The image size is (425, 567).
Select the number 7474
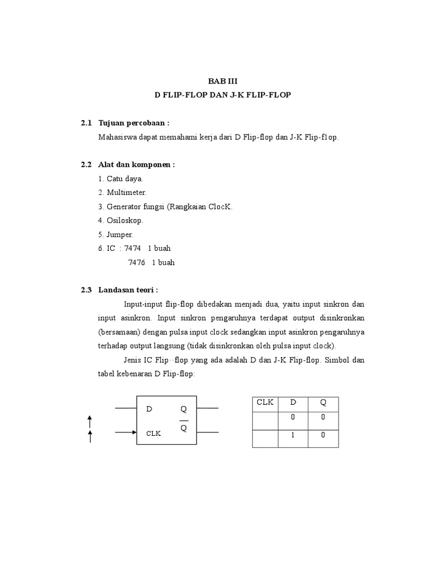click(133, 249)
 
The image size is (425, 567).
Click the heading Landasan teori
click(128, 290)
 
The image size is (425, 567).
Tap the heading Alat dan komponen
click(136, 164)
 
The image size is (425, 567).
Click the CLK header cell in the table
click(265, 403)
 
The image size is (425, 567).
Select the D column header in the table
click(294, 403)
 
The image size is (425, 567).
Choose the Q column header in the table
click(323, 403)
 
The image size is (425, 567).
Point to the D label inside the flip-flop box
click(149, 409)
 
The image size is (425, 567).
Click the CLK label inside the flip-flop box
click(153, 434)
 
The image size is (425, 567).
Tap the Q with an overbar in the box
click(184, 429)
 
